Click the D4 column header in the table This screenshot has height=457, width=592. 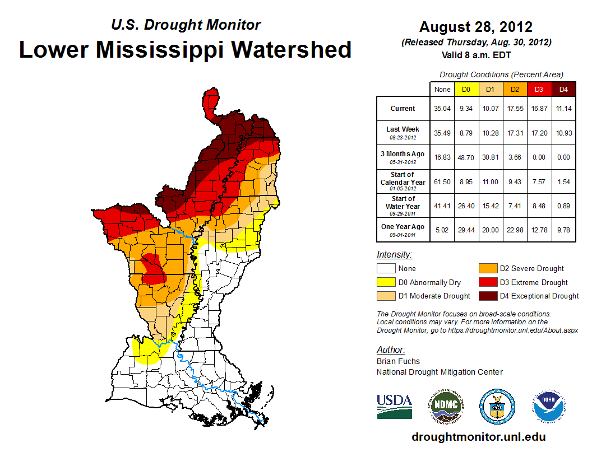pyautogui.click(x=563, y=89)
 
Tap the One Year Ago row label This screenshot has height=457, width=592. pyautogui.click(x=403, y=226)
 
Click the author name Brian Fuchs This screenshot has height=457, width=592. pyautogui.click(x=398, y=361)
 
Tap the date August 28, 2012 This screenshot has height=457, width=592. pyautogui.click(x=476, y=27)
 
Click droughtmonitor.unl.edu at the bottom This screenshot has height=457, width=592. pyautogui.click(x=478, y=437)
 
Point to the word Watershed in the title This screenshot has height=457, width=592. pyautogui.click(x=292, y=49)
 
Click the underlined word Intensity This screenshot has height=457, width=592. pyautogui.click(x=394, y=255)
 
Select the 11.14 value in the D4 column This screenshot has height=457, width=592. pyautogui.click(x=563, y=109)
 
